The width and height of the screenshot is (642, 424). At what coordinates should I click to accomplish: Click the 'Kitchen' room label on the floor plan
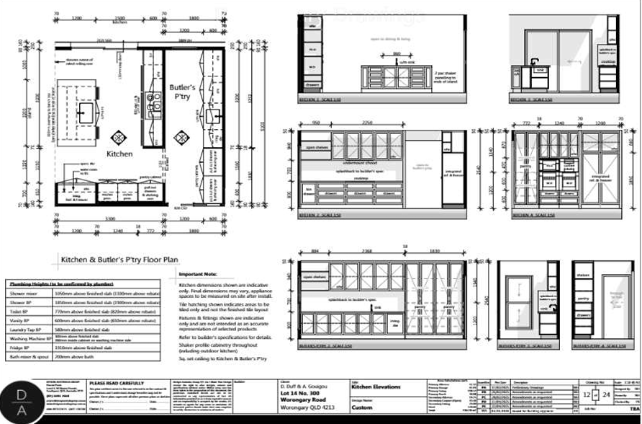coord(119,154)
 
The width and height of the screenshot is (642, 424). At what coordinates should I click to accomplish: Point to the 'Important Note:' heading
coord(198,275)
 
